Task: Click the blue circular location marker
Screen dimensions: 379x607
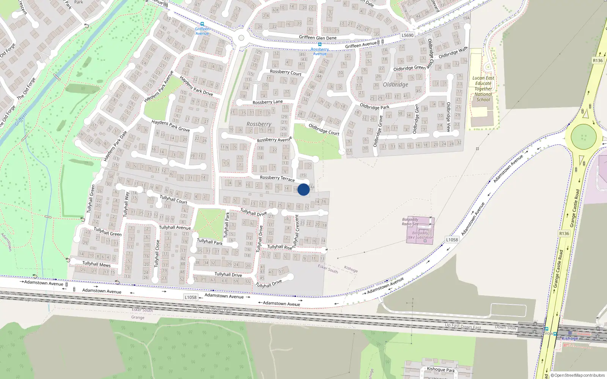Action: coord(303,189)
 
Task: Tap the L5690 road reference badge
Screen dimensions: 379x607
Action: coord(407,35)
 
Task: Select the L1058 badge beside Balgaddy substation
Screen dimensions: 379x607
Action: coord(452,240)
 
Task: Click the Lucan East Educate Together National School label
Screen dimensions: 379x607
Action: coord(483,89)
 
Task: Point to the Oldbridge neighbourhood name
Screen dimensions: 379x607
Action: coord(395,85)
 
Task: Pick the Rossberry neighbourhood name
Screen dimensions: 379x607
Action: coord(259,124)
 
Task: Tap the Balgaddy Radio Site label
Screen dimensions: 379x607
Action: coord(410,222)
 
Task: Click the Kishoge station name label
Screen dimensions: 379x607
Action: coord(570,338)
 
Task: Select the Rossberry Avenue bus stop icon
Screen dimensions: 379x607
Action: coord(320,44)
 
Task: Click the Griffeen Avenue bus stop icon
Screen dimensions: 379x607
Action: coord(202,24)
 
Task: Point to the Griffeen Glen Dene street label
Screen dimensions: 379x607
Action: coord(318,38)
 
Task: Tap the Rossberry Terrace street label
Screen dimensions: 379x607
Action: coord(277,178)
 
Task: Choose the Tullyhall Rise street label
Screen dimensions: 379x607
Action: coord(280,247)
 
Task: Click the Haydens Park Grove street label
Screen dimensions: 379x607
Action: coord(170,126)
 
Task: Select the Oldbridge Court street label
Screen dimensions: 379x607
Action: coord(324,129)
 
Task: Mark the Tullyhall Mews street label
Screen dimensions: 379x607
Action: coord(96,264)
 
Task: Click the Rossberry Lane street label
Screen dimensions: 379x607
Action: coord(267,102)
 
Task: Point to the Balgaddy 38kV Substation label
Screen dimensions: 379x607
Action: coord(420,235)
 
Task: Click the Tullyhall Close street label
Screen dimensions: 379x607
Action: coord(157,253)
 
